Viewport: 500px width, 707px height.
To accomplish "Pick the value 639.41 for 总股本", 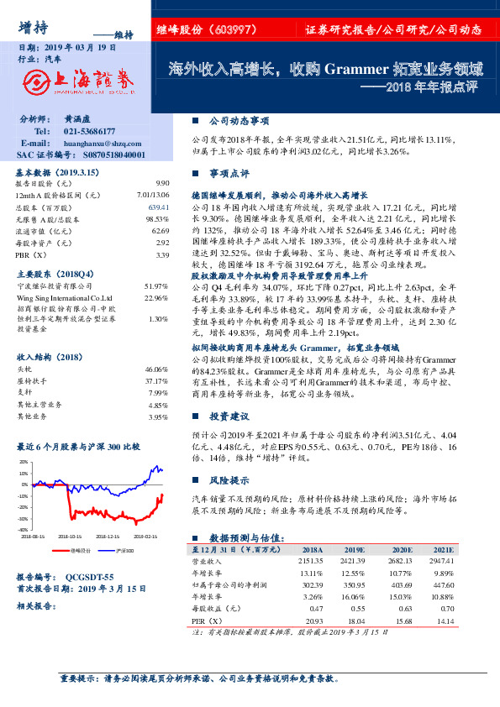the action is pos(159,207).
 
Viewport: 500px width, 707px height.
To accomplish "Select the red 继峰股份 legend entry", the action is pos(80,550).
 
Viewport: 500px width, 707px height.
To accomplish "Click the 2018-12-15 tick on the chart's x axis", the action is pos(108,535).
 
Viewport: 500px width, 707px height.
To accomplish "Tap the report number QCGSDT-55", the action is pos(88,578).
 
